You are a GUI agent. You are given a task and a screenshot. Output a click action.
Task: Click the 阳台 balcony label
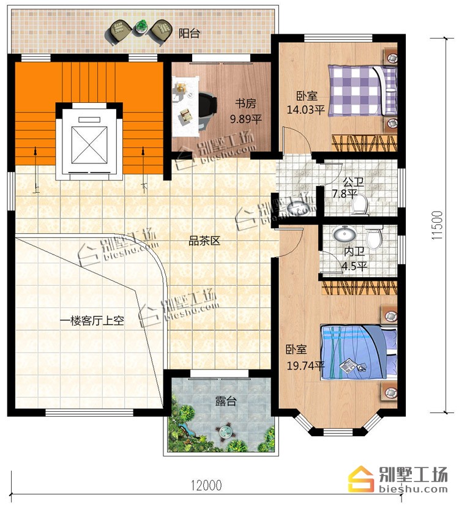189,33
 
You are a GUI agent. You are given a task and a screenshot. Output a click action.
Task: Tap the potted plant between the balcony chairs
141,26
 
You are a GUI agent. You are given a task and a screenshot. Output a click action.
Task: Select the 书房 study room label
245,104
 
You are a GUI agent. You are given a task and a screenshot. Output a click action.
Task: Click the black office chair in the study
207,110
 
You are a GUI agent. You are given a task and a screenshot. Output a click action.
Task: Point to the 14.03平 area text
305,110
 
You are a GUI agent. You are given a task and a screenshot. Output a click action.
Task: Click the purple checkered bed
362,91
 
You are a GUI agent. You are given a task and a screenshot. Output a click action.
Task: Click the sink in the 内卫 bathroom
344,233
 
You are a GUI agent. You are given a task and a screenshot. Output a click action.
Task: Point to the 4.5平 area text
354,267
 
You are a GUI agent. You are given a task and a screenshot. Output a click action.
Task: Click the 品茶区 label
204,240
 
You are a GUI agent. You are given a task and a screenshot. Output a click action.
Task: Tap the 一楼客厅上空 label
92,321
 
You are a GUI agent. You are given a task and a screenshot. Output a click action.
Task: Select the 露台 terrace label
226,401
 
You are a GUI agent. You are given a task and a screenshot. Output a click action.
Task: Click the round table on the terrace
224,431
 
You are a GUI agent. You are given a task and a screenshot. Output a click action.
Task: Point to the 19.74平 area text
305,366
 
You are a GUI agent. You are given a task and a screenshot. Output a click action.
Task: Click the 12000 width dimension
206,485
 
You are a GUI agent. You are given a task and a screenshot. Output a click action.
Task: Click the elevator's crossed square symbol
89,145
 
